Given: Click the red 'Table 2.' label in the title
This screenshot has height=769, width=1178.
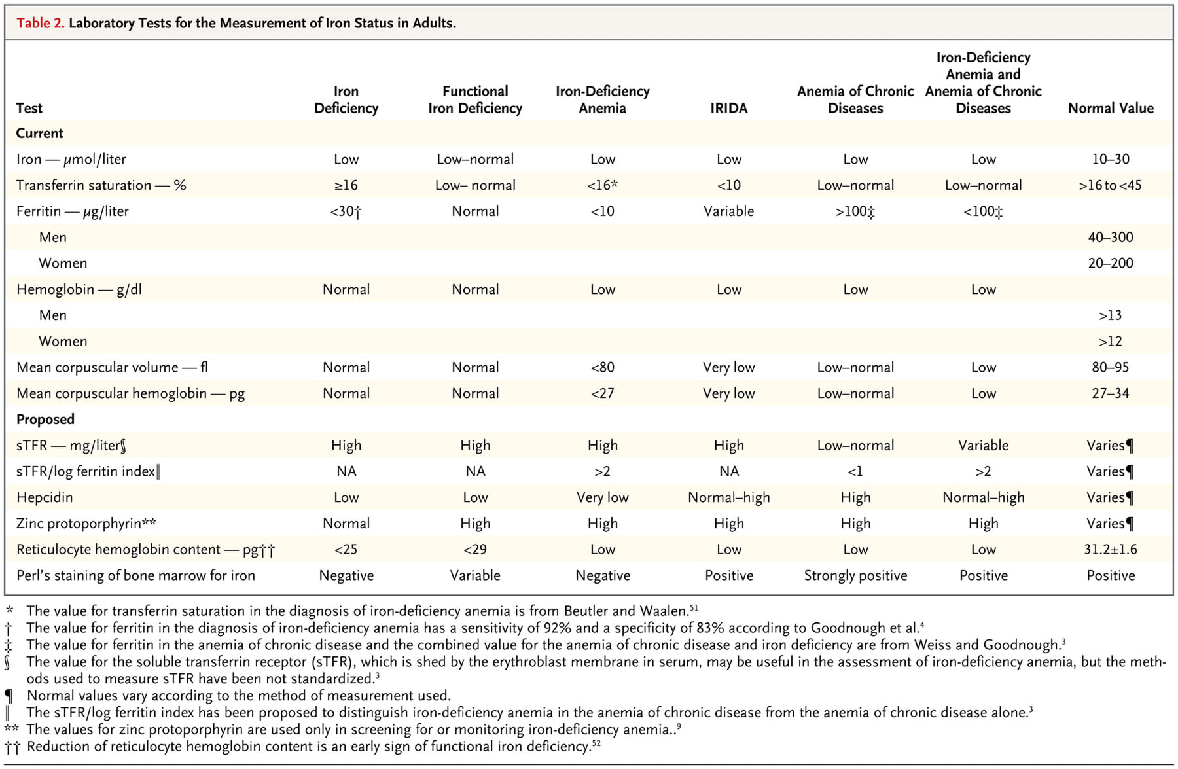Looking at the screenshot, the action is (x=40, y=23).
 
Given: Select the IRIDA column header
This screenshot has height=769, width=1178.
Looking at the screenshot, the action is (x=728, y=108).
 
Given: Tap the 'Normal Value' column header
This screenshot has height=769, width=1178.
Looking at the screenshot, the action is (x=1111, y=108).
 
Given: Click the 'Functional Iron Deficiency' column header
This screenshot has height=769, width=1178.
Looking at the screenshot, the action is (x=475, y=99).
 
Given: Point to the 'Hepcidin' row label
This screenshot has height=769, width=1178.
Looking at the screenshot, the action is (x=45, y=497).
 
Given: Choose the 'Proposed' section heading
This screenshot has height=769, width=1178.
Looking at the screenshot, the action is (x=45, y=420).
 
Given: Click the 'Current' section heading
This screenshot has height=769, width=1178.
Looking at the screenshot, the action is (x=39, y=133).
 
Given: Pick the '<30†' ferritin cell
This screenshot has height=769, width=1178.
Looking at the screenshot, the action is (x=346, y=211).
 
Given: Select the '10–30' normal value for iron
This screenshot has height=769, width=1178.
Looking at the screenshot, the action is (x=1111, y=159).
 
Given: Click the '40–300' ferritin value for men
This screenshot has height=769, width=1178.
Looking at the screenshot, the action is (x=1111, y=237).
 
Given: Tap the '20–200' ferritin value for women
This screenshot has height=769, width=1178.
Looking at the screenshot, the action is (x=1111, y=263).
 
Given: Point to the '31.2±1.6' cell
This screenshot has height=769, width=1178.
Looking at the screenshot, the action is (x=1111, y=549).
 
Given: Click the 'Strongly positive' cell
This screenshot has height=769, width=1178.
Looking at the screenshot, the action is (x=855, y=575).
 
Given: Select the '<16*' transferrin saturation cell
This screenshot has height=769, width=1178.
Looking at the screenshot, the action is (x=602, y=185).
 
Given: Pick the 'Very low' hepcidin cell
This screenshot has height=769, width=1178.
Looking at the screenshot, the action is (x=602, y=497).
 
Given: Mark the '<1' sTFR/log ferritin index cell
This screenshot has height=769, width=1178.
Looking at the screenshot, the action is (x=855, y=471).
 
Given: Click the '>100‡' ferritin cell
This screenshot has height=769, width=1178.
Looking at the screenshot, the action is (x=855, y=211).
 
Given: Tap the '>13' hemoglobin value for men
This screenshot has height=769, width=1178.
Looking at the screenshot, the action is (x=1111, y=315).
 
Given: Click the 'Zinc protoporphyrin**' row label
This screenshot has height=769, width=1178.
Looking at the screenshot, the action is (x=86, y=524).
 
